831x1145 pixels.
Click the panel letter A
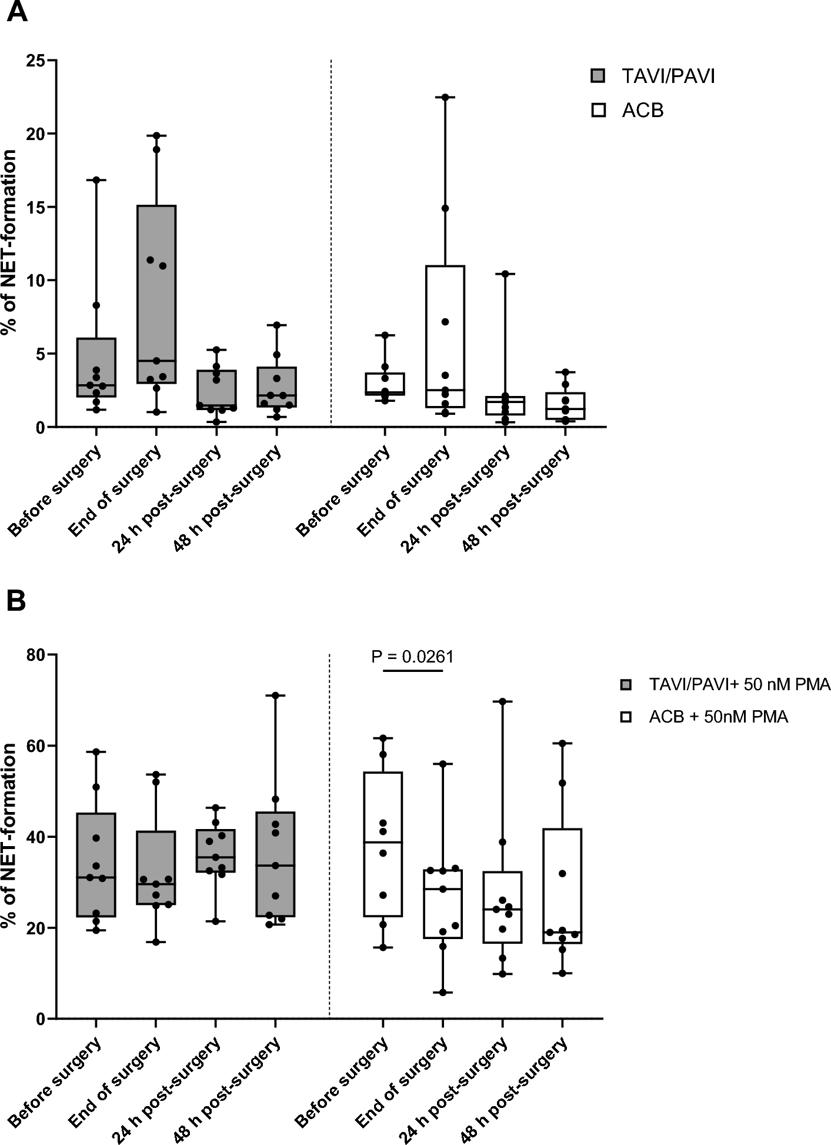pos(17,11)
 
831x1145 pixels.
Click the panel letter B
pos(16,601)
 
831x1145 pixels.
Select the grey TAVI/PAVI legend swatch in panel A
pos(599,76)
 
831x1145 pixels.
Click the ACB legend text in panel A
pos(642,110)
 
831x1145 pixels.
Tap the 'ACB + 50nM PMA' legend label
pos(718,717)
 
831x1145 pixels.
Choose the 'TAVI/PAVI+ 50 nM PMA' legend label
pos(739,684)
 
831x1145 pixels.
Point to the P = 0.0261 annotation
pos(412,656)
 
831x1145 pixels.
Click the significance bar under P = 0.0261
pos(412,670)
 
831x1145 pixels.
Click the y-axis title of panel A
pos(9,242)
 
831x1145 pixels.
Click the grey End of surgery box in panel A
pos(156,294)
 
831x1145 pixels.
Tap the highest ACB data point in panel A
pos(445,98)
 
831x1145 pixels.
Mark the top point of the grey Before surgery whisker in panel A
pos(96,180)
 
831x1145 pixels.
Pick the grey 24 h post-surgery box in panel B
pos(216,850)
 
